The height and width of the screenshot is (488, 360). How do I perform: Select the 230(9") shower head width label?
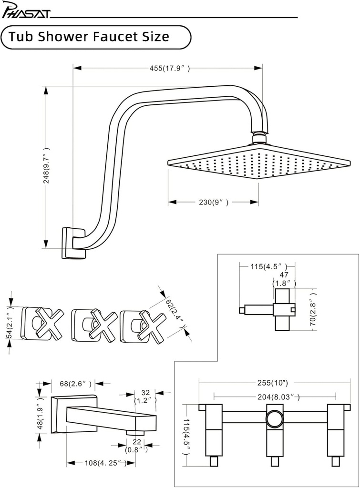[213, 203]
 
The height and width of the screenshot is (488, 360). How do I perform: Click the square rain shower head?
[260, 165]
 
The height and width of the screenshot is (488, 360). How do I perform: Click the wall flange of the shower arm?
[72, 243]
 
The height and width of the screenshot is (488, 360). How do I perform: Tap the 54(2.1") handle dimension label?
[10, 323]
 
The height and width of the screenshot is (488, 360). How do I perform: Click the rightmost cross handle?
[148, 325]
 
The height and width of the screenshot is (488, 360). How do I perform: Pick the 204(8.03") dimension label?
[275, 396]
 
